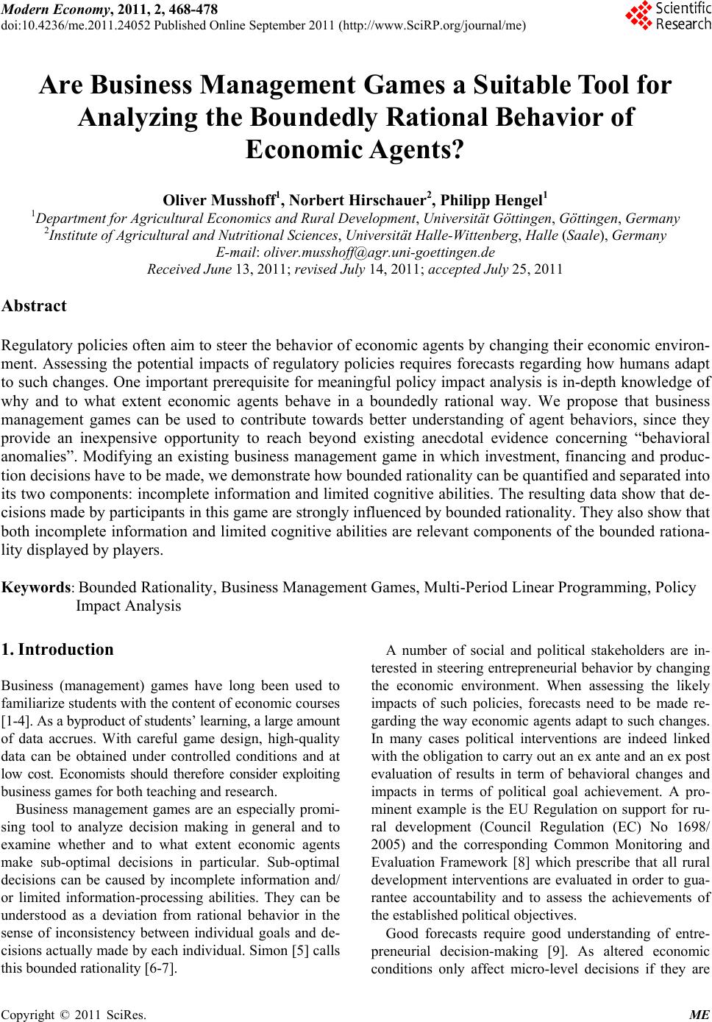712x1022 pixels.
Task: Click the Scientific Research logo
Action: [667, 16]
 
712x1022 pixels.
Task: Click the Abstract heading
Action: [34, 306]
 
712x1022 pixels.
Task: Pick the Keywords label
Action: [37, 587]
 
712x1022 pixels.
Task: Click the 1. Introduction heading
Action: [58, 650]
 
